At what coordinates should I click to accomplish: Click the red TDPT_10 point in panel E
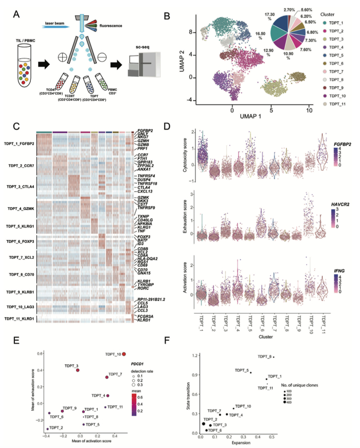coord(124,354)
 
